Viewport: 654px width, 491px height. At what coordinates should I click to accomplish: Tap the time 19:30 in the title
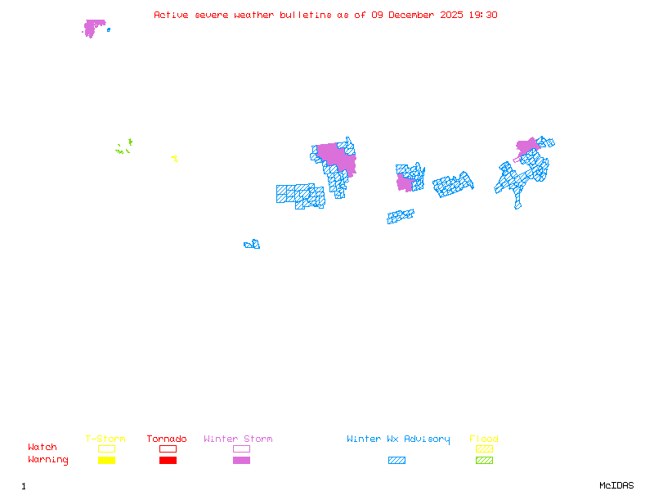[x=482, y=15]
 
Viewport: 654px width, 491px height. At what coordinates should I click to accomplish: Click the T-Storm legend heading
[x=105, y=439]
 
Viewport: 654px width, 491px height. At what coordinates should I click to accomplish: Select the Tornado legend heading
[x=167, y=439]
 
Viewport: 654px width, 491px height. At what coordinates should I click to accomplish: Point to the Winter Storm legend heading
[x=238, y=439]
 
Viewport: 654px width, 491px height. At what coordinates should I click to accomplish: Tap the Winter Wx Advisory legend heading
[x=398, y=439]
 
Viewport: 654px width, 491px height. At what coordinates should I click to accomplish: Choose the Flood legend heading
[x=484, y=439]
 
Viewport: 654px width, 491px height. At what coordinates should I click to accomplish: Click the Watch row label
[x=43, y=448]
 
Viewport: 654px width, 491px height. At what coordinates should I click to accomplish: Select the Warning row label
[x=48, y=460]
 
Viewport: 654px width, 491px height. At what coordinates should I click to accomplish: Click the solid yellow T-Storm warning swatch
[x=106, y=461]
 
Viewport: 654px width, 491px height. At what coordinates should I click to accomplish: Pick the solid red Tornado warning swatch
[x=168, y=461]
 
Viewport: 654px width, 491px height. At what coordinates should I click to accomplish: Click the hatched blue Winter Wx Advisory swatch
[x=396, y=461]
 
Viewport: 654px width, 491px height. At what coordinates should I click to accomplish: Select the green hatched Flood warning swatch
[x=484, y=461]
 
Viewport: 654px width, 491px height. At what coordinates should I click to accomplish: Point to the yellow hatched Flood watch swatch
[x=484, y=448]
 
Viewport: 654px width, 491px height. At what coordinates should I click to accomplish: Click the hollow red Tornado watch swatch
[x=168, y=448]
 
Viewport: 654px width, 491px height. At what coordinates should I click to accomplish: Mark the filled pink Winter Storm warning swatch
[x=241, y=461]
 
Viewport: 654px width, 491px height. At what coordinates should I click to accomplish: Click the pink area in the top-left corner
[x=94, y=28]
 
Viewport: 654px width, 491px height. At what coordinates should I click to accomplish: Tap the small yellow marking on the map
[x=174, y=158]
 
